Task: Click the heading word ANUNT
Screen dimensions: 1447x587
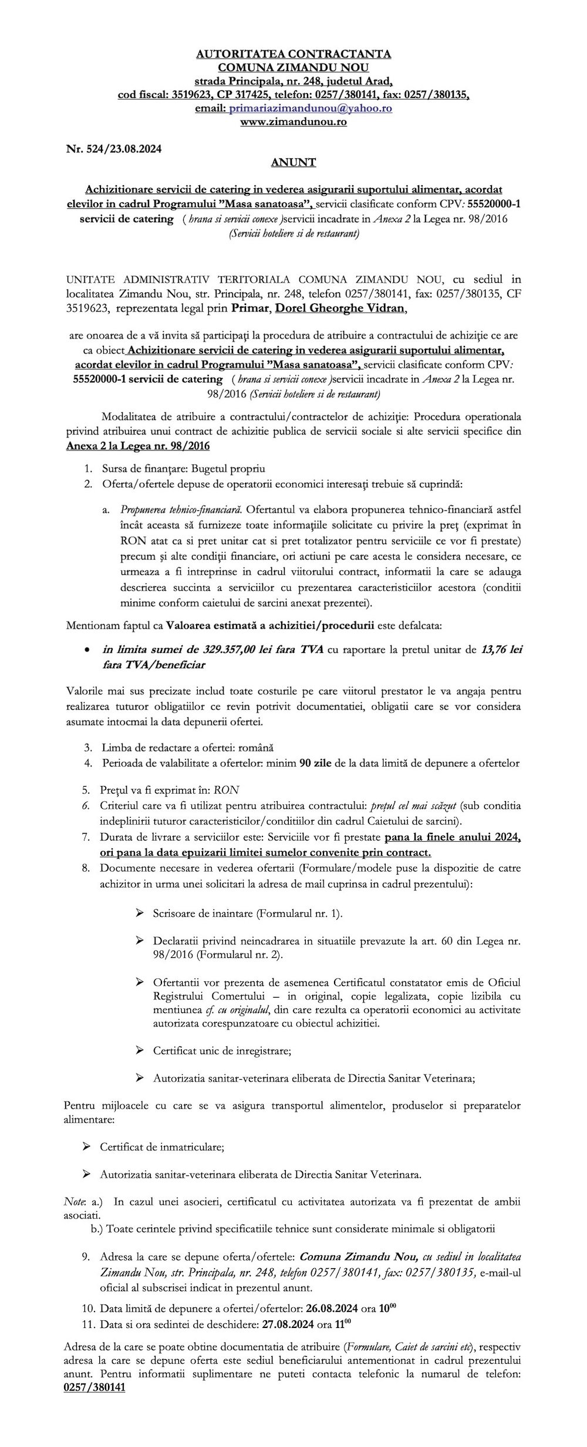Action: (293, 162)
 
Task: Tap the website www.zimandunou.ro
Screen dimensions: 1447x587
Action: (293, 122)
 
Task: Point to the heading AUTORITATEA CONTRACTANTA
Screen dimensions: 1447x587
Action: (293, 54)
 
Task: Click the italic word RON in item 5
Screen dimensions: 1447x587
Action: (227, 789)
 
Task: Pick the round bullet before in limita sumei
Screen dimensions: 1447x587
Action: (87, 650)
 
